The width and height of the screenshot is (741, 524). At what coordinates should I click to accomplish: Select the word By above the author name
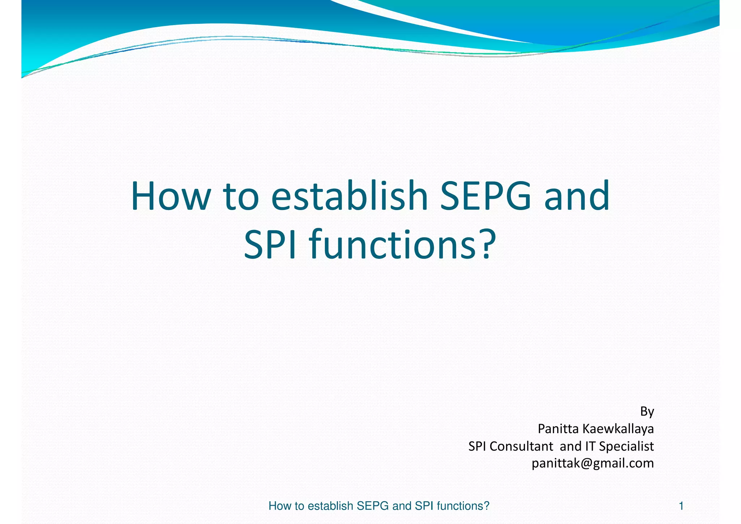pos(647,412)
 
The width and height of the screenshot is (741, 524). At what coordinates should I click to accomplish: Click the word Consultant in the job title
pos(521,446)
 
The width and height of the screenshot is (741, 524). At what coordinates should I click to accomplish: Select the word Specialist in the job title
pos(626,447)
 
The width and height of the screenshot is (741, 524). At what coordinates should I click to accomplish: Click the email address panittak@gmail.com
pos(593,464)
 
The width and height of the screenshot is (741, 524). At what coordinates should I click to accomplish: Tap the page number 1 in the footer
pos(681,506)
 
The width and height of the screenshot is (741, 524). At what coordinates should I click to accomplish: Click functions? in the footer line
pos(463,506)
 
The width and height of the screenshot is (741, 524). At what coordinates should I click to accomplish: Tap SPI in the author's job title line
pos(477,446)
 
